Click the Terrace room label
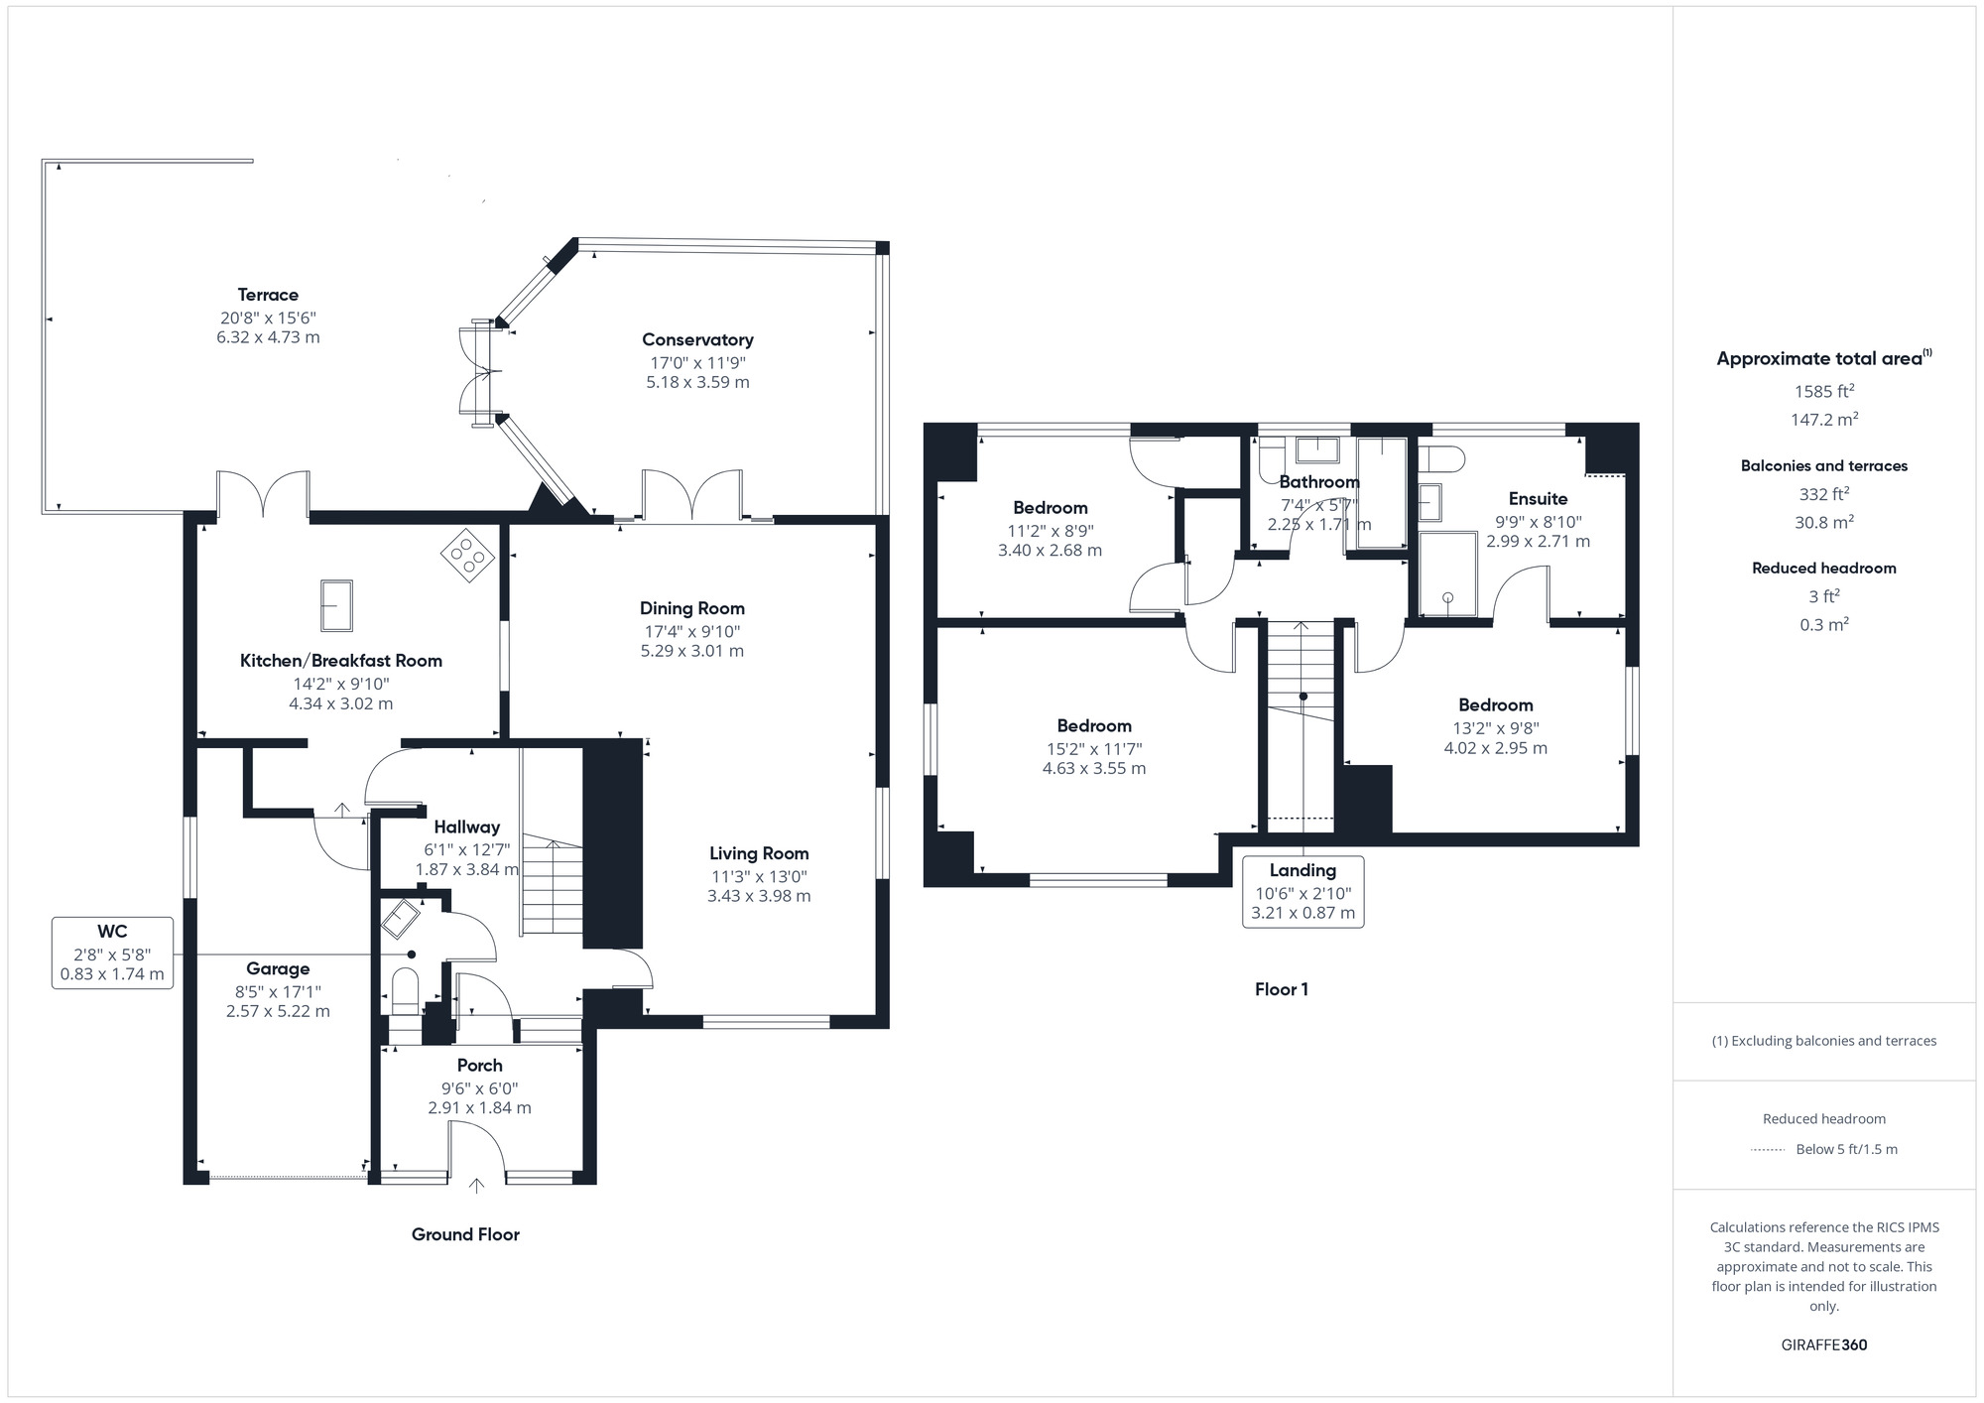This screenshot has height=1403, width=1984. coord(268,295)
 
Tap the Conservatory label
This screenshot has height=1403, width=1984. coord(697,339)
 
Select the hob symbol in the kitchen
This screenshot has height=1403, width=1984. coord(467,557)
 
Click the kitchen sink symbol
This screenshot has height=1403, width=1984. coord(336,605)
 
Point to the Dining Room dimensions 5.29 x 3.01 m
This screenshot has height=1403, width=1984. coord(692,651)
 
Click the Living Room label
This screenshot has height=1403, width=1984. coord(759,853)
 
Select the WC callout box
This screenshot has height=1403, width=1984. coord(112,953)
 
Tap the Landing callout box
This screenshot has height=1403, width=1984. coord(1302,892)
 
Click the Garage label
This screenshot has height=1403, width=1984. coord(278,968)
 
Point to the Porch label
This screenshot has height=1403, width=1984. coord(480,1065)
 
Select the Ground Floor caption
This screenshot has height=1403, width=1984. coord(465,1234)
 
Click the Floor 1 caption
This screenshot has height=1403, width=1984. coord(1282,989)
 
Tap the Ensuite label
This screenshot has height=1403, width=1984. coord(1538,499)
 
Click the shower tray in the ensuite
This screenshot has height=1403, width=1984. coord(1447,574)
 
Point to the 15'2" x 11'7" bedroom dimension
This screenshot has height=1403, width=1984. coord(1094,749)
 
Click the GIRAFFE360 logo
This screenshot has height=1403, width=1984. coord(1824,1345)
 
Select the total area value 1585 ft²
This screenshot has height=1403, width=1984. coord(1824,391)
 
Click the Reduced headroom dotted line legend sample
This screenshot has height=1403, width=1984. coord(1768,1150)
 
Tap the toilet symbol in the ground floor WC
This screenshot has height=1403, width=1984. coord(406,991)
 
